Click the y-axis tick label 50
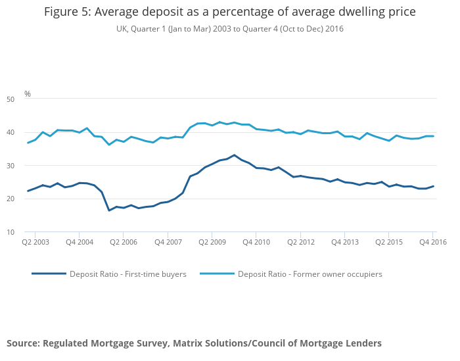(x=28, y=99)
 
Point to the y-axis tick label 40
(x=28, y=132)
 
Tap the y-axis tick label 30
(x=28, y=166)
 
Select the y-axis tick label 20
(x=28, y=199)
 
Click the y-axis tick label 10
(x=28, y=232)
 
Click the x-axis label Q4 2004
(x=79, y=243)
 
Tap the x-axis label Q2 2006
(x=123, y=243)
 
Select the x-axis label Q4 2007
(x=168, y=243)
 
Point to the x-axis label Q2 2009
(x=212, y=243)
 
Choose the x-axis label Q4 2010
(x=256, y=243)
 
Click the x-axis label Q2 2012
(x=300, y=243)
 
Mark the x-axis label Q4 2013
(x=345, y=243)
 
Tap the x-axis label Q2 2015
(x=389, y=243)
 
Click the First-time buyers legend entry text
(x=128, y=274)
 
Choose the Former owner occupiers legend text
(x=310, y=274)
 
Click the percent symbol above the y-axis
(x=28, y=94)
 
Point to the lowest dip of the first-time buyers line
(x=109, y=210)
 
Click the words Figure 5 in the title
(x=69, y=12)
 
